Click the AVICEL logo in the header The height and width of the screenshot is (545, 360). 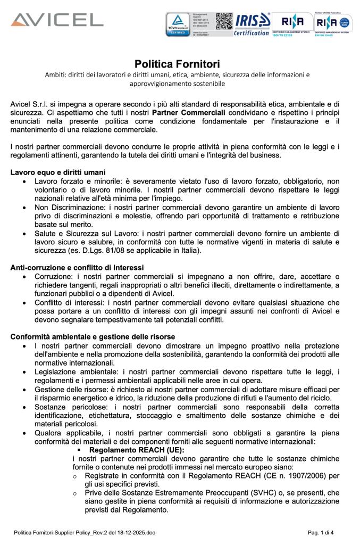click(57, 20)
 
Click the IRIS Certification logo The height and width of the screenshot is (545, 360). click(252, 24)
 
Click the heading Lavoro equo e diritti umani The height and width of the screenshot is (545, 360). click(58, 172)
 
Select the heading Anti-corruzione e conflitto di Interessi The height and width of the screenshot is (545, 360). click(77, 267)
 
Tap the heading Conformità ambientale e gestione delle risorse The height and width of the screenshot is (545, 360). click(93, 337)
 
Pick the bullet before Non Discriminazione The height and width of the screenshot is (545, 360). click(24, 208)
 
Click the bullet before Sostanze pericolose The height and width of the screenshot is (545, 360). click(24, 407)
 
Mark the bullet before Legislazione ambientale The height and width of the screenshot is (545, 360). click(24, 371)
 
